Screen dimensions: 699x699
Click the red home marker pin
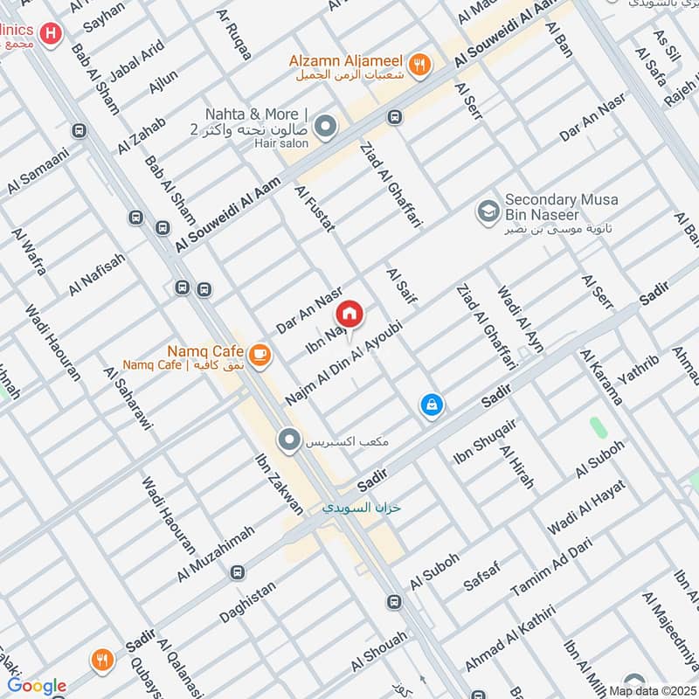pos(349,314)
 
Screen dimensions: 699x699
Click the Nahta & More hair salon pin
pos(326,128)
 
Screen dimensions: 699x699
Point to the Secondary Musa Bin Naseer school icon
pos(487,211)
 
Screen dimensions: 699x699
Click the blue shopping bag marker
pos(432,405)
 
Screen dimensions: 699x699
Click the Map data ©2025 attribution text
pos(651,690)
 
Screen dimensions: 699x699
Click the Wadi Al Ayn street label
pos(520,319)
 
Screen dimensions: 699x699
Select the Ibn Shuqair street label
pos(485,441)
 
